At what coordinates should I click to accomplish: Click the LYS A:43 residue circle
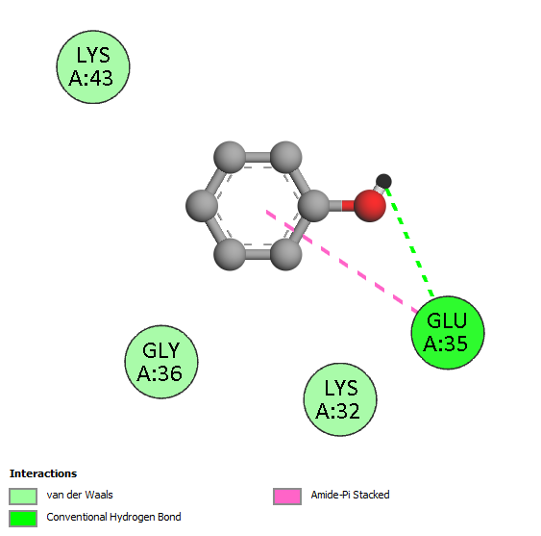tap(93, 66)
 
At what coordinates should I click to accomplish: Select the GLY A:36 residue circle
tap(161, 362)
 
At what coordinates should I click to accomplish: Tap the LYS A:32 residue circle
tap(340, 399)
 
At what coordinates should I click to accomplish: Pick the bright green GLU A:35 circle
tap(448, 332)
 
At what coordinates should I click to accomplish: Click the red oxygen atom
tap(370, 206)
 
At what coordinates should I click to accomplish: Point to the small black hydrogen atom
tap(383, 181)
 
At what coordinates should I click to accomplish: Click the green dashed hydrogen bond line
tap(409, 242)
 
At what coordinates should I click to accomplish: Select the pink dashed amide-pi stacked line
tap(341, 262)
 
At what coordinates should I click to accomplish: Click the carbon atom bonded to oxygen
tap(313, 206)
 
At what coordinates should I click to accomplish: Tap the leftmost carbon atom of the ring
tap(202, 206)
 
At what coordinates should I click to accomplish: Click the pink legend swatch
tap(287, 497)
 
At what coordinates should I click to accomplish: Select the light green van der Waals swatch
tap(23, 497)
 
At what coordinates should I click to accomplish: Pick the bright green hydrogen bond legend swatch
tap(23, 519)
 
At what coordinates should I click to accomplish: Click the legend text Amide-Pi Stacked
tap(350, 495)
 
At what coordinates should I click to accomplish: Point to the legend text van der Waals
tap(80, 495)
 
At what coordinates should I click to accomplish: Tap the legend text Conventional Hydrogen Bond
tap(113, 517)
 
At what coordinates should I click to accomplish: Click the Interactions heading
tap(43, 473)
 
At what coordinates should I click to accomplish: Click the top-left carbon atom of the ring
tap(230, 157)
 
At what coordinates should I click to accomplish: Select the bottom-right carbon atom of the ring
tap(285, 254)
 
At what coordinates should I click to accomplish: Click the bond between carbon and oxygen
tap(341, 206)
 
